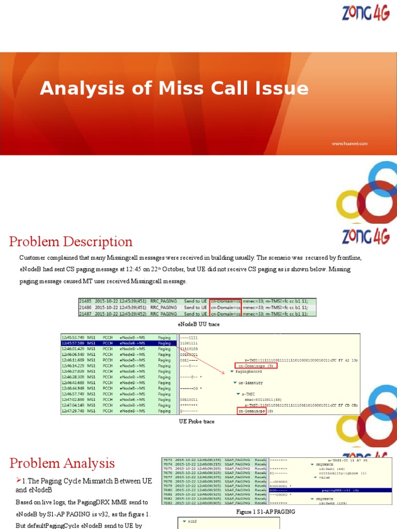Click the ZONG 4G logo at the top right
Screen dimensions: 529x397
(x=368, y=12)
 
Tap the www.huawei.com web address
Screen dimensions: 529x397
(x=349, y=143)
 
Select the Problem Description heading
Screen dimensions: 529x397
(x=71, y=242)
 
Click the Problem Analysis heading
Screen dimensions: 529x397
(x=62, y=463)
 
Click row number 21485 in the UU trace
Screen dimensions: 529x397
(x=85, y=301)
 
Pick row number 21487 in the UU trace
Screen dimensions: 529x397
(x=85, y=314)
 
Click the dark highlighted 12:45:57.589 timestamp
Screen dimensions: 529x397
(x=73, y=343)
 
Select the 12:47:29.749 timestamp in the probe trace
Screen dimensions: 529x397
(x=73, y=411)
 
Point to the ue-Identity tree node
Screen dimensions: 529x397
(x=252, y=383)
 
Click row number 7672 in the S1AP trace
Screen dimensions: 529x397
(x=169, y=459)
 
